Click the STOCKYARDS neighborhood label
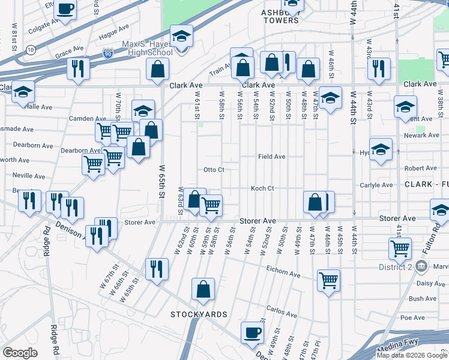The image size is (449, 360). (199, 314)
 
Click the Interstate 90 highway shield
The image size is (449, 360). (108, 53)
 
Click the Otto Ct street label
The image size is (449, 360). (214, 170)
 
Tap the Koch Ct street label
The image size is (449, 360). (262, 188)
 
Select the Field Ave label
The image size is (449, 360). (271, 156)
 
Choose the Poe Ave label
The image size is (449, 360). (412, 317)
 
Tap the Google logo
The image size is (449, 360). (20, 353)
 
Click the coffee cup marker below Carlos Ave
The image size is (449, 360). (252, 332)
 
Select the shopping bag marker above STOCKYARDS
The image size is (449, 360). (203, 289)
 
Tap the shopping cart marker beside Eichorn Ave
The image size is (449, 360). (329, 280)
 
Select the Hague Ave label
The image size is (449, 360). (115, 28)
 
